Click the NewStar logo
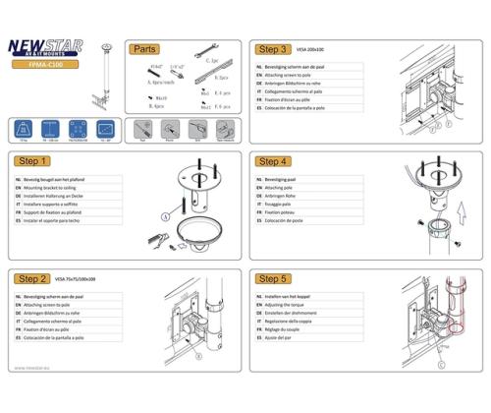[47, 46]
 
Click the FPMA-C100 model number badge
[47, 65]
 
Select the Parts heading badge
[143, 48]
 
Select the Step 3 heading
[272, 48]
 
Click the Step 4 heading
[272, 160]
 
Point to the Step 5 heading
[272, 278]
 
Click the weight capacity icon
[22, 130]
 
